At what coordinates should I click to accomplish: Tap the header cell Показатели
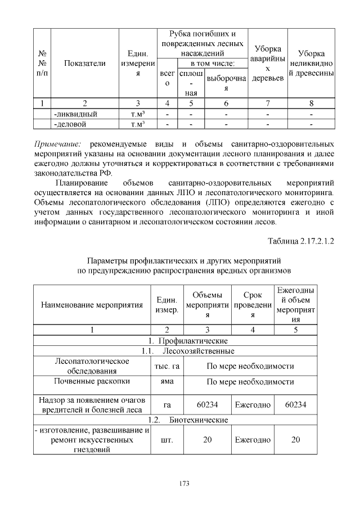pyautogui.click(x=85, y=64)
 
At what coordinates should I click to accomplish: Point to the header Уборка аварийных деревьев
pyautogui.click(x=268, y=63)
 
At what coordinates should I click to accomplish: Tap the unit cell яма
pyautogui.click(x=167, y=381)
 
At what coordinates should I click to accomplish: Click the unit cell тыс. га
pyautogui.click(x=167, y=366)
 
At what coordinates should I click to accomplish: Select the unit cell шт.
pyautogui.click(x=167, y=439)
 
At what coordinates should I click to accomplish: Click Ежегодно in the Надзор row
pyautogui.click(x=253, y=404)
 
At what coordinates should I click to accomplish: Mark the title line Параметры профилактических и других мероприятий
pyautogui.click(x=180, y=262)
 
